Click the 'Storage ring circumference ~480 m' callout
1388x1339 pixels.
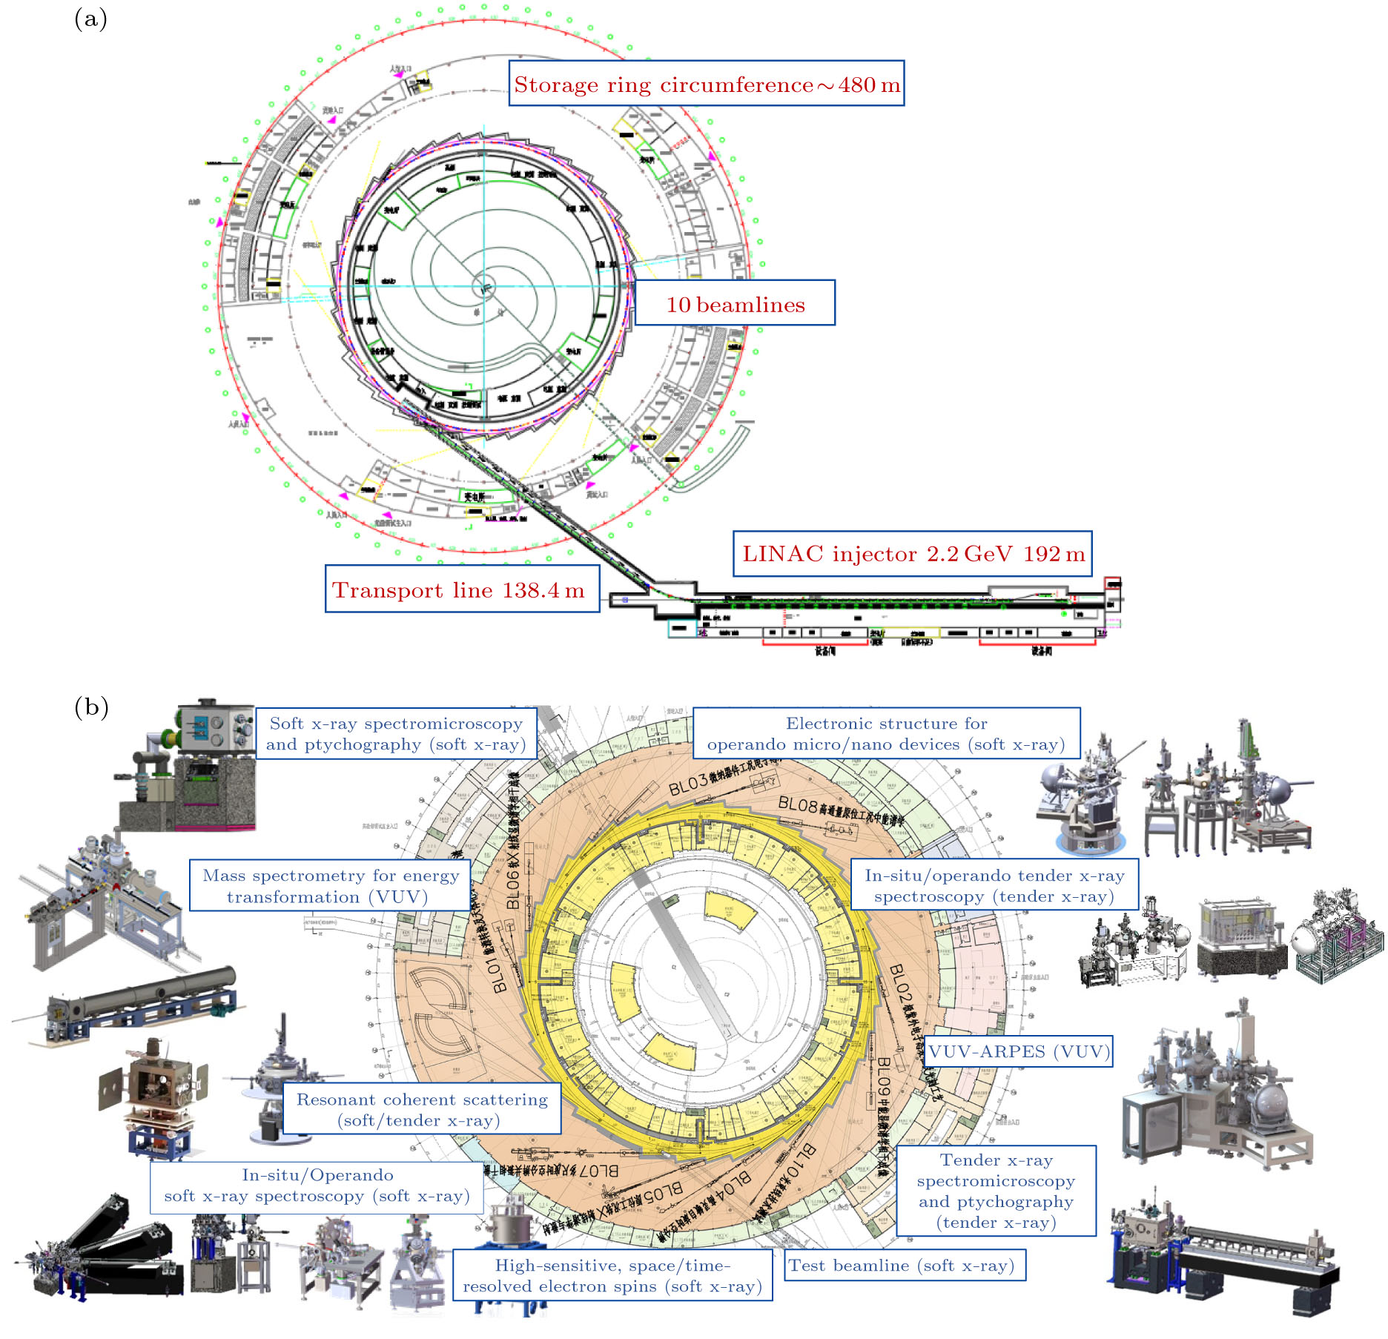coord(707,84)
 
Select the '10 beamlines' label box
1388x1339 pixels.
coord(735,303)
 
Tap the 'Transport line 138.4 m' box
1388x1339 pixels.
coord(462,589)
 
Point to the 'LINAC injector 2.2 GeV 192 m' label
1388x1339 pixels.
coord(913,554)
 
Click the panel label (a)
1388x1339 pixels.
coord(90,19)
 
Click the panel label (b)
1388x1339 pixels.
coord(91,707)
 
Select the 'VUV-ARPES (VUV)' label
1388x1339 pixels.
coord(1019,1051)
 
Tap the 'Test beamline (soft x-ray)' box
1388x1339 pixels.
coord(905,1266)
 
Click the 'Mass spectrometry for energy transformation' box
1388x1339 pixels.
coord(330,885)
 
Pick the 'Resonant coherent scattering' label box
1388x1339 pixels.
coord(421,1109)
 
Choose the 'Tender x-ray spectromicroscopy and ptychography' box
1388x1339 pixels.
coord(996,1191)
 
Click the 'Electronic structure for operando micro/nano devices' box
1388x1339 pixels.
coord(886,733)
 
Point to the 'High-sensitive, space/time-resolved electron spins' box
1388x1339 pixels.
coord(612,1275)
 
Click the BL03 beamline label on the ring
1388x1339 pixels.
coord(688,784)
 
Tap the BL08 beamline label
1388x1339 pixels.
coord(798,804)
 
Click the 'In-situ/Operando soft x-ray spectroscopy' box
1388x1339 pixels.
coord(317,1185)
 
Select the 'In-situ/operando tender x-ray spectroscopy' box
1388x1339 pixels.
coord(994,885)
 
